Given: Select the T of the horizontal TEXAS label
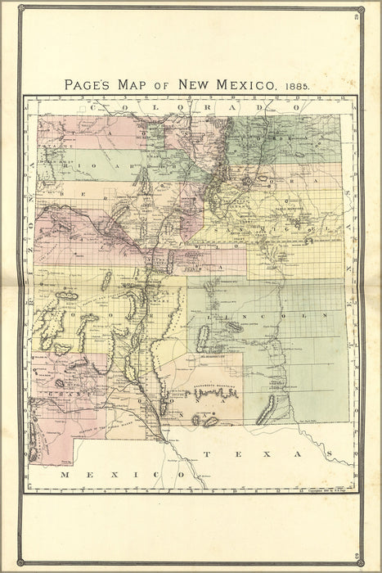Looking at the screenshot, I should click(x=208, y=453).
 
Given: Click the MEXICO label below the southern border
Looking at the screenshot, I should click(x=108, y=474).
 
